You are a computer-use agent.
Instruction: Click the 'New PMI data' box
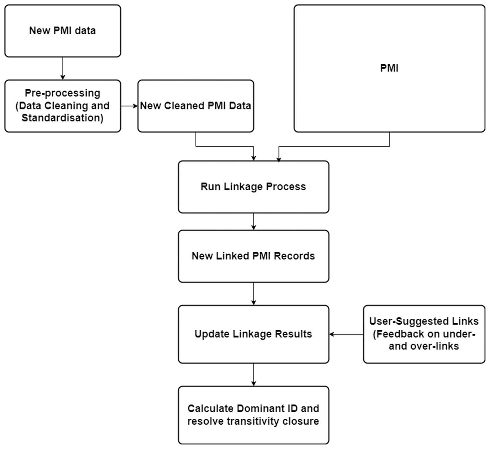click(x=63, y=31)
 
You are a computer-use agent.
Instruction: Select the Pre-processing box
click(x=63, y=106)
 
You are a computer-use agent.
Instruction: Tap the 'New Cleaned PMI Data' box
click(x=196, y=106)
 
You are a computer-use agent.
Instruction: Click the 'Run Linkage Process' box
click(x=254, y=187)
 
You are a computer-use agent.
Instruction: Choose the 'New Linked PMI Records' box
click(x=254, y=256)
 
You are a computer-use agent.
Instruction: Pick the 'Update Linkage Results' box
click(x=254, y=334)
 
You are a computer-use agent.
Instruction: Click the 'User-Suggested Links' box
click(x=424, y=334)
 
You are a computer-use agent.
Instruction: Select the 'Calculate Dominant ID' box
click(x=254, y=415)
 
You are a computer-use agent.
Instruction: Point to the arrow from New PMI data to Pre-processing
click(x=63, y=69)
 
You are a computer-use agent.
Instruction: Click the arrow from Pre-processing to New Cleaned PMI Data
click(x=129, y=106)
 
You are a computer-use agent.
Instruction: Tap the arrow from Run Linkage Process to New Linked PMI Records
click(x=254, y=222)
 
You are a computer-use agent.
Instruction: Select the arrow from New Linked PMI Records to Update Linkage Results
click(x=254, y=294)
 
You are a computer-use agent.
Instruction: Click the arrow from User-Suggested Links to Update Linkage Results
click(x=346, y=334)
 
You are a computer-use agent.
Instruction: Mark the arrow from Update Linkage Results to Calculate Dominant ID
click(x=254, y=375)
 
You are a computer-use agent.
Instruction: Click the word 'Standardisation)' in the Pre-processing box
click(x=63, y=118)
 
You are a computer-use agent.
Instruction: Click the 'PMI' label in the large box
click(x=389, y=68)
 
